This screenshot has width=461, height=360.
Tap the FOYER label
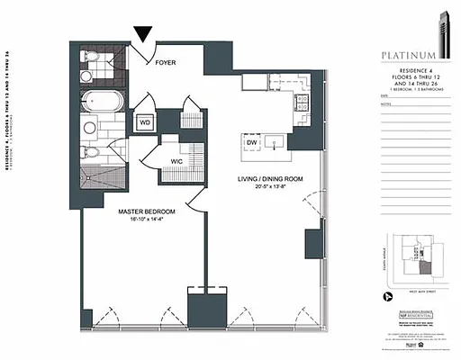tap(166, 63)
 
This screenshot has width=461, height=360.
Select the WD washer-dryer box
tap(144, 122)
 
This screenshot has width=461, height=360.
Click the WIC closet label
tap(177, 162)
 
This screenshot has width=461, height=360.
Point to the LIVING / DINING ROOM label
tap(270, 180)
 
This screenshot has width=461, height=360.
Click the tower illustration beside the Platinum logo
tap(444, 40)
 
